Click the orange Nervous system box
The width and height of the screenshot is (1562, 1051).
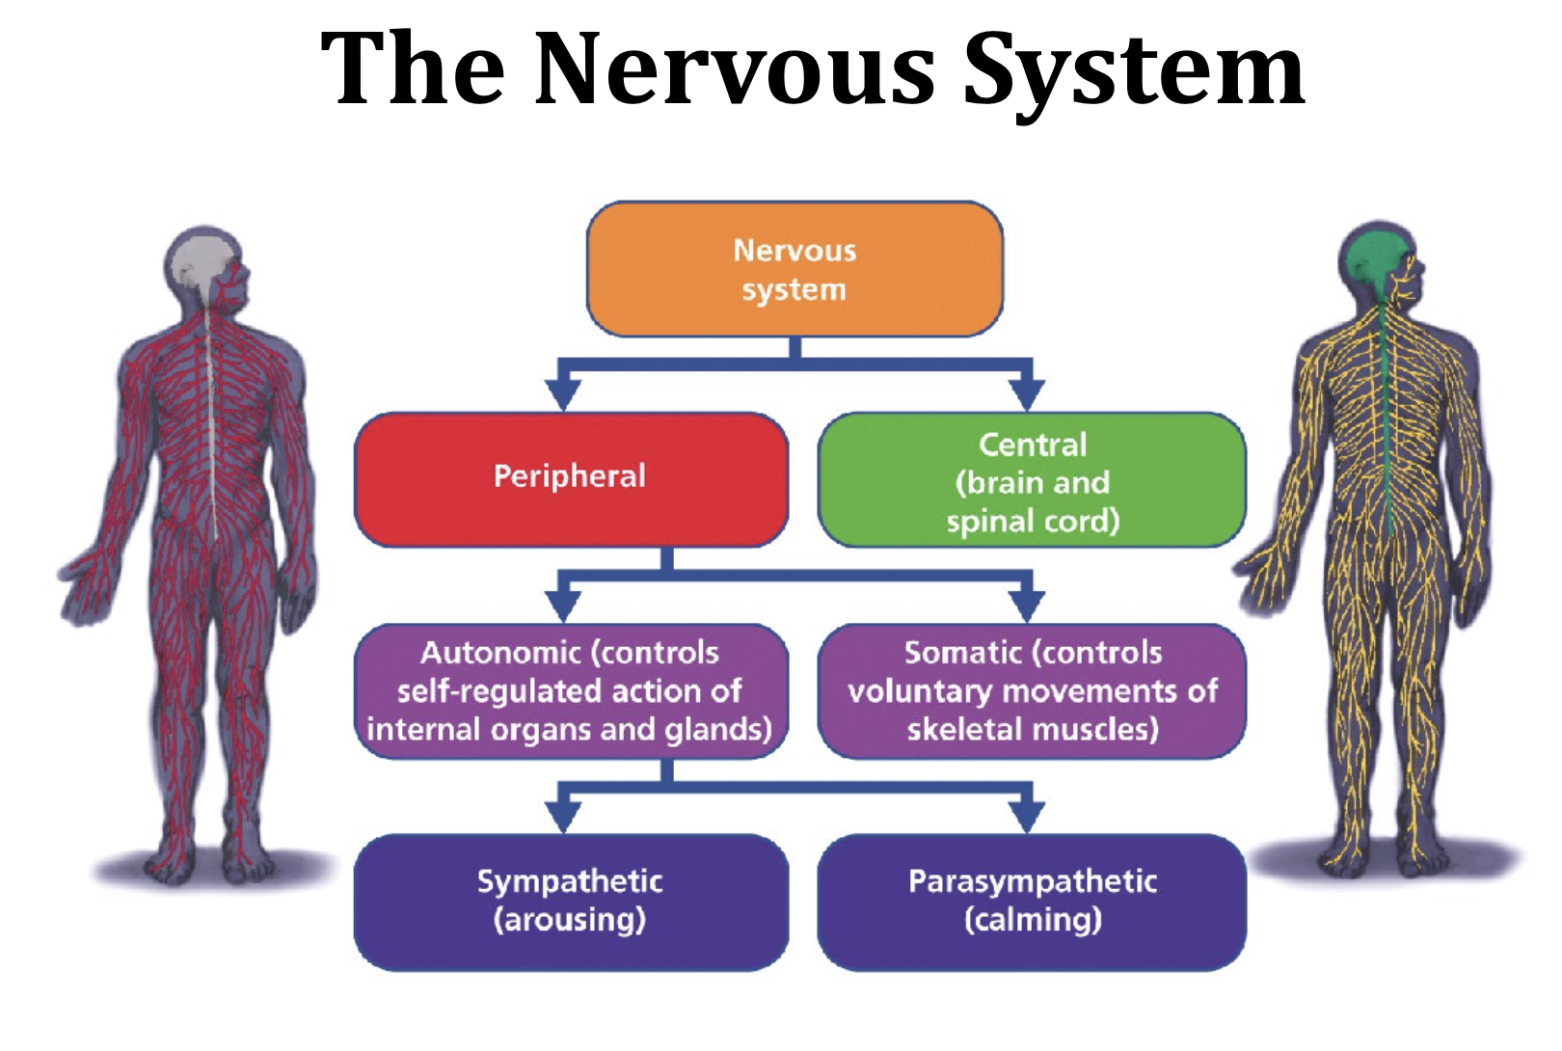(x=794, y=269)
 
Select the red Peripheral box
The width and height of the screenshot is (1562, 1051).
(x=572, y=479)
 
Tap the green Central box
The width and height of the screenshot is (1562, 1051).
(x=1032, y=479)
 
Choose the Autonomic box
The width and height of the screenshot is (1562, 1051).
(x=572, y=691)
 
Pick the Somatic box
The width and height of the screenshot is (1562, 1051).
(x=1032, y=691)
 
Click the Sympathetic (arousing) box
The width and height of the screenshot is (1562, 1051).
(x=572, y=903)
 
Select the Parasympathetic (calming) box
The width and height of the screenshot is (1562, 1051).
(x=1032, y=903)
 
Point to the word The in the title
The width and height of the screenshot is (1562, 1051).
(x=413, y=69)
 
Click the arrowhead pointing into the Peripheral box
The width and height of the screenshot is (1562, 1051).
(x=563, y=395)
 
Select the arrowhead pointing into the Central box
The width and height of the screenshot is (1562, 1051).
(x=1027, y=395)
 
